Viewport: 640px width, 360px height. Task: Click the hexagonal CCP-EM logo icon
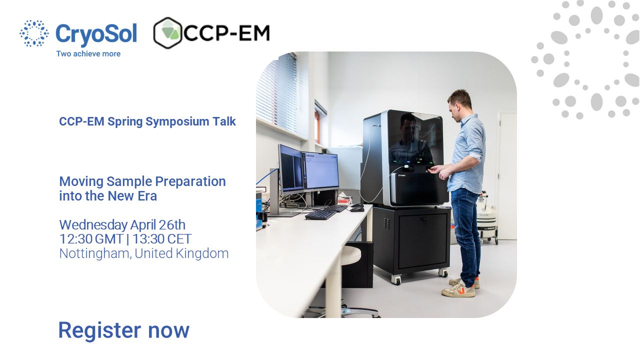click(167, 33)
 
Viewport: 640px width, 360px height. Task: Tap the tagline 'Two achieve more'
click(88, 53)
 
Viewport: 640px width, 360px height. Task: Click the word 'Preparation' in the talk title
click(190, 181)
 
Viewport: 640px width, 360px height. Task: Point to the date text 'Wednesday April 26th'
click(122, 225)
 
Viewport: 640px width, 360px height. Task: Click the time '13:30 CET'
click(161, 239)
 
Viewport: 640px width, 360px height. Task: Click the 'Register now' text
click(124, 330)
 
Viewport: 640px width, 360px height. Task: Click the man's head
click(459, 103)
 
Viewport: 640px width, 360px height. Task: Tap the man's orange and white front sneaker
click(458, 289)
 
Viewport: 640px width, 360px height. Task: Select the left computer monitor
click(291, 169)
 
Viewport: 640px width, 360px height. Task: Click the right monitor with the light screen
click(320, 171)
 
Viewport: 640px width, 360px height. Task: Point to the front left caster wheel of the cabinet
click(396, 279)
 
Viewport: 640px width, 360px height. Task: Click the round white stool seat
click(351, 255)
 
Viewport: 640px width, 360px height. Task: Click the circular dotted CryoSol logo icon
click(34, 33)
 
